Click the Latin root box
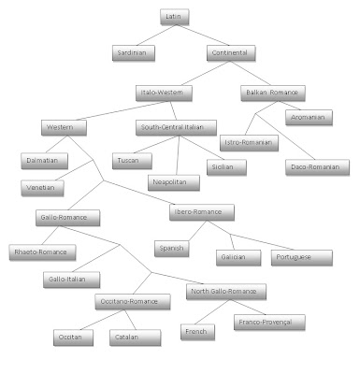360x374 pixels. point(175,17)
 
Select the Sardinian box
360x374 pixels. point(134,53)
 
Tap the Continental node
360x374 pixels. point(231,53)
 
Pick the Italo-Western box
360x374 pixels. point(164,93)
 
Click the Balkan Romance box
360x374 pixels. point(273,93)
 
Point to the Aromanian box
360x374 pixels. point(309,118)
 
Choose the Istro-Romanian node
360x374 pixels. point(249,143)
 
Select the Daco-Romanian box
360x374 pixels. point(317,167)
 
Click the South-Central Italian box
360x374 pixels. point(176,127)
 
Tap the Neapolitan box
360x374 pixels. point(174,182)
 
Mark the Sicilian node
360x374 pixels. point(226,167)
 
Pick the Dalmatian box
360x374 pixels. point(44,161)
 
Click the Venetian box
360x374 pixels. point(42,188)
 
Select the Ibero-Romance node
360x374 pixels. point(202,212)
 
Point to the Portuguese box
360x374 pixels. point(302,258)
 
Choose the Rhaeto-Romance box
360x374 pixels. point(42,252)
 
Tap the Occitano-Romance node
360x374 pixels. point(133,302)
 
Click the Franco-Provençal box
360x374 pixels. point(269,323)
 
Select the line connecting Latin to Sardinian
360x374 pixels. point(156,36)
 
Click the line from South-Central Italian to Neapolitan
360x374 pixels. point(178,155)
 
